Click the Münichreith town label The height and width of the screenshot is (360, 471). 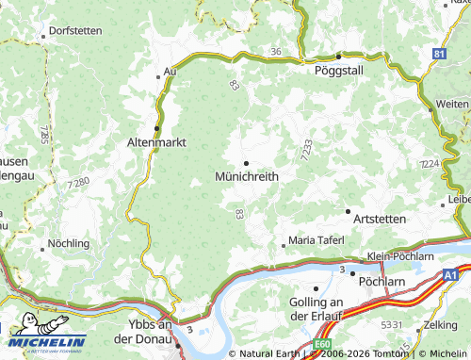tap(247, 177)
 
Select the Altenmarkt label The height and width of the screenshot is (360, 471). tap(156, 142)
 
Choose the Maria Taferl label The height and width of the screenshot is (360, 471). tap(321, 240)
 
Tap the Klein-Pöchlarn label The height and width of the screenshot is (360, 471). tap(400, 255)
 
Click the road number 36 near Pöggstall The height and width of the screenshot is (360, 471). tap(275, 50)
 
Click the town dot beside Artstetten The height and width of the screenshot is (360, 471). tap(348, 211)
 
